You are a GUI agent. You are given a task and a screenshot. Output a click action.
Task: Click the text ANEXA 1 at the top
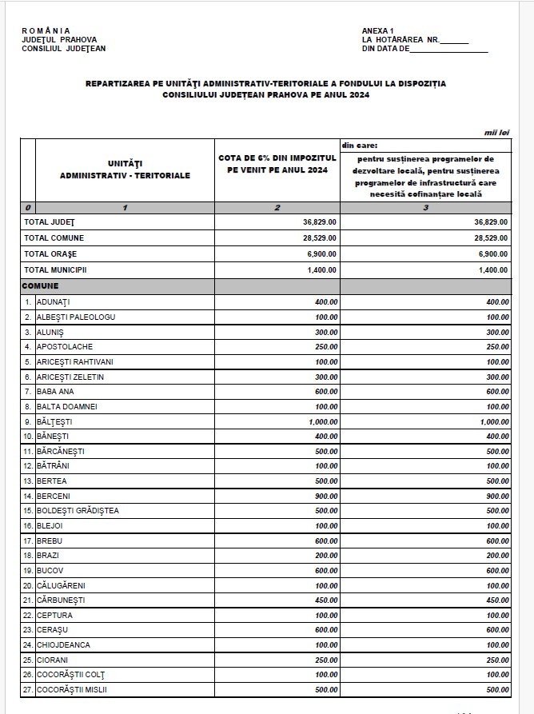(378, 31)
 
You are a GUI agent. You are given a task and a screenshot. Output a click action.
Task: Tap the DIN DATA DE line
(424, 49)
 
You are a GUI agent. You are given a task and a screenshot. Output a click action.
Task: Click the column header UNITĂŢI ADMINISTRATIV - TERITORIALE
(125, 170)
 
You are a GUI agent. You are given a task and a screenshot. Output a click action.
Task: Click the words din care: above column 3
(360, 146)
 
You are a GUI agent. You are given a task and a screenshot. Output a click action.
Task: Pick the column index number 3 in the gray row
(425, 208)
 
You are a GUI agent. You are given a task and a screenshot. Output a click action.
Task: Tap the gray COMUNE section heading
(41, 285)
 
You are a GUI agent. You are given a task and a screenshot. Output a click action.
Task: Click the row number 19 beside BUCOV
(28, 571)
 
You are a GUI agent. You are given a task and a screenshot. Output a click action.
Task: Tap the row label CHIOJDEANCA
(63, 645)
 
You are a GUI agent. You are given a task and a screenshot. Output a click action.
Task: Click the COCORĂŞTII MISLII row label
(72, 690)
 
